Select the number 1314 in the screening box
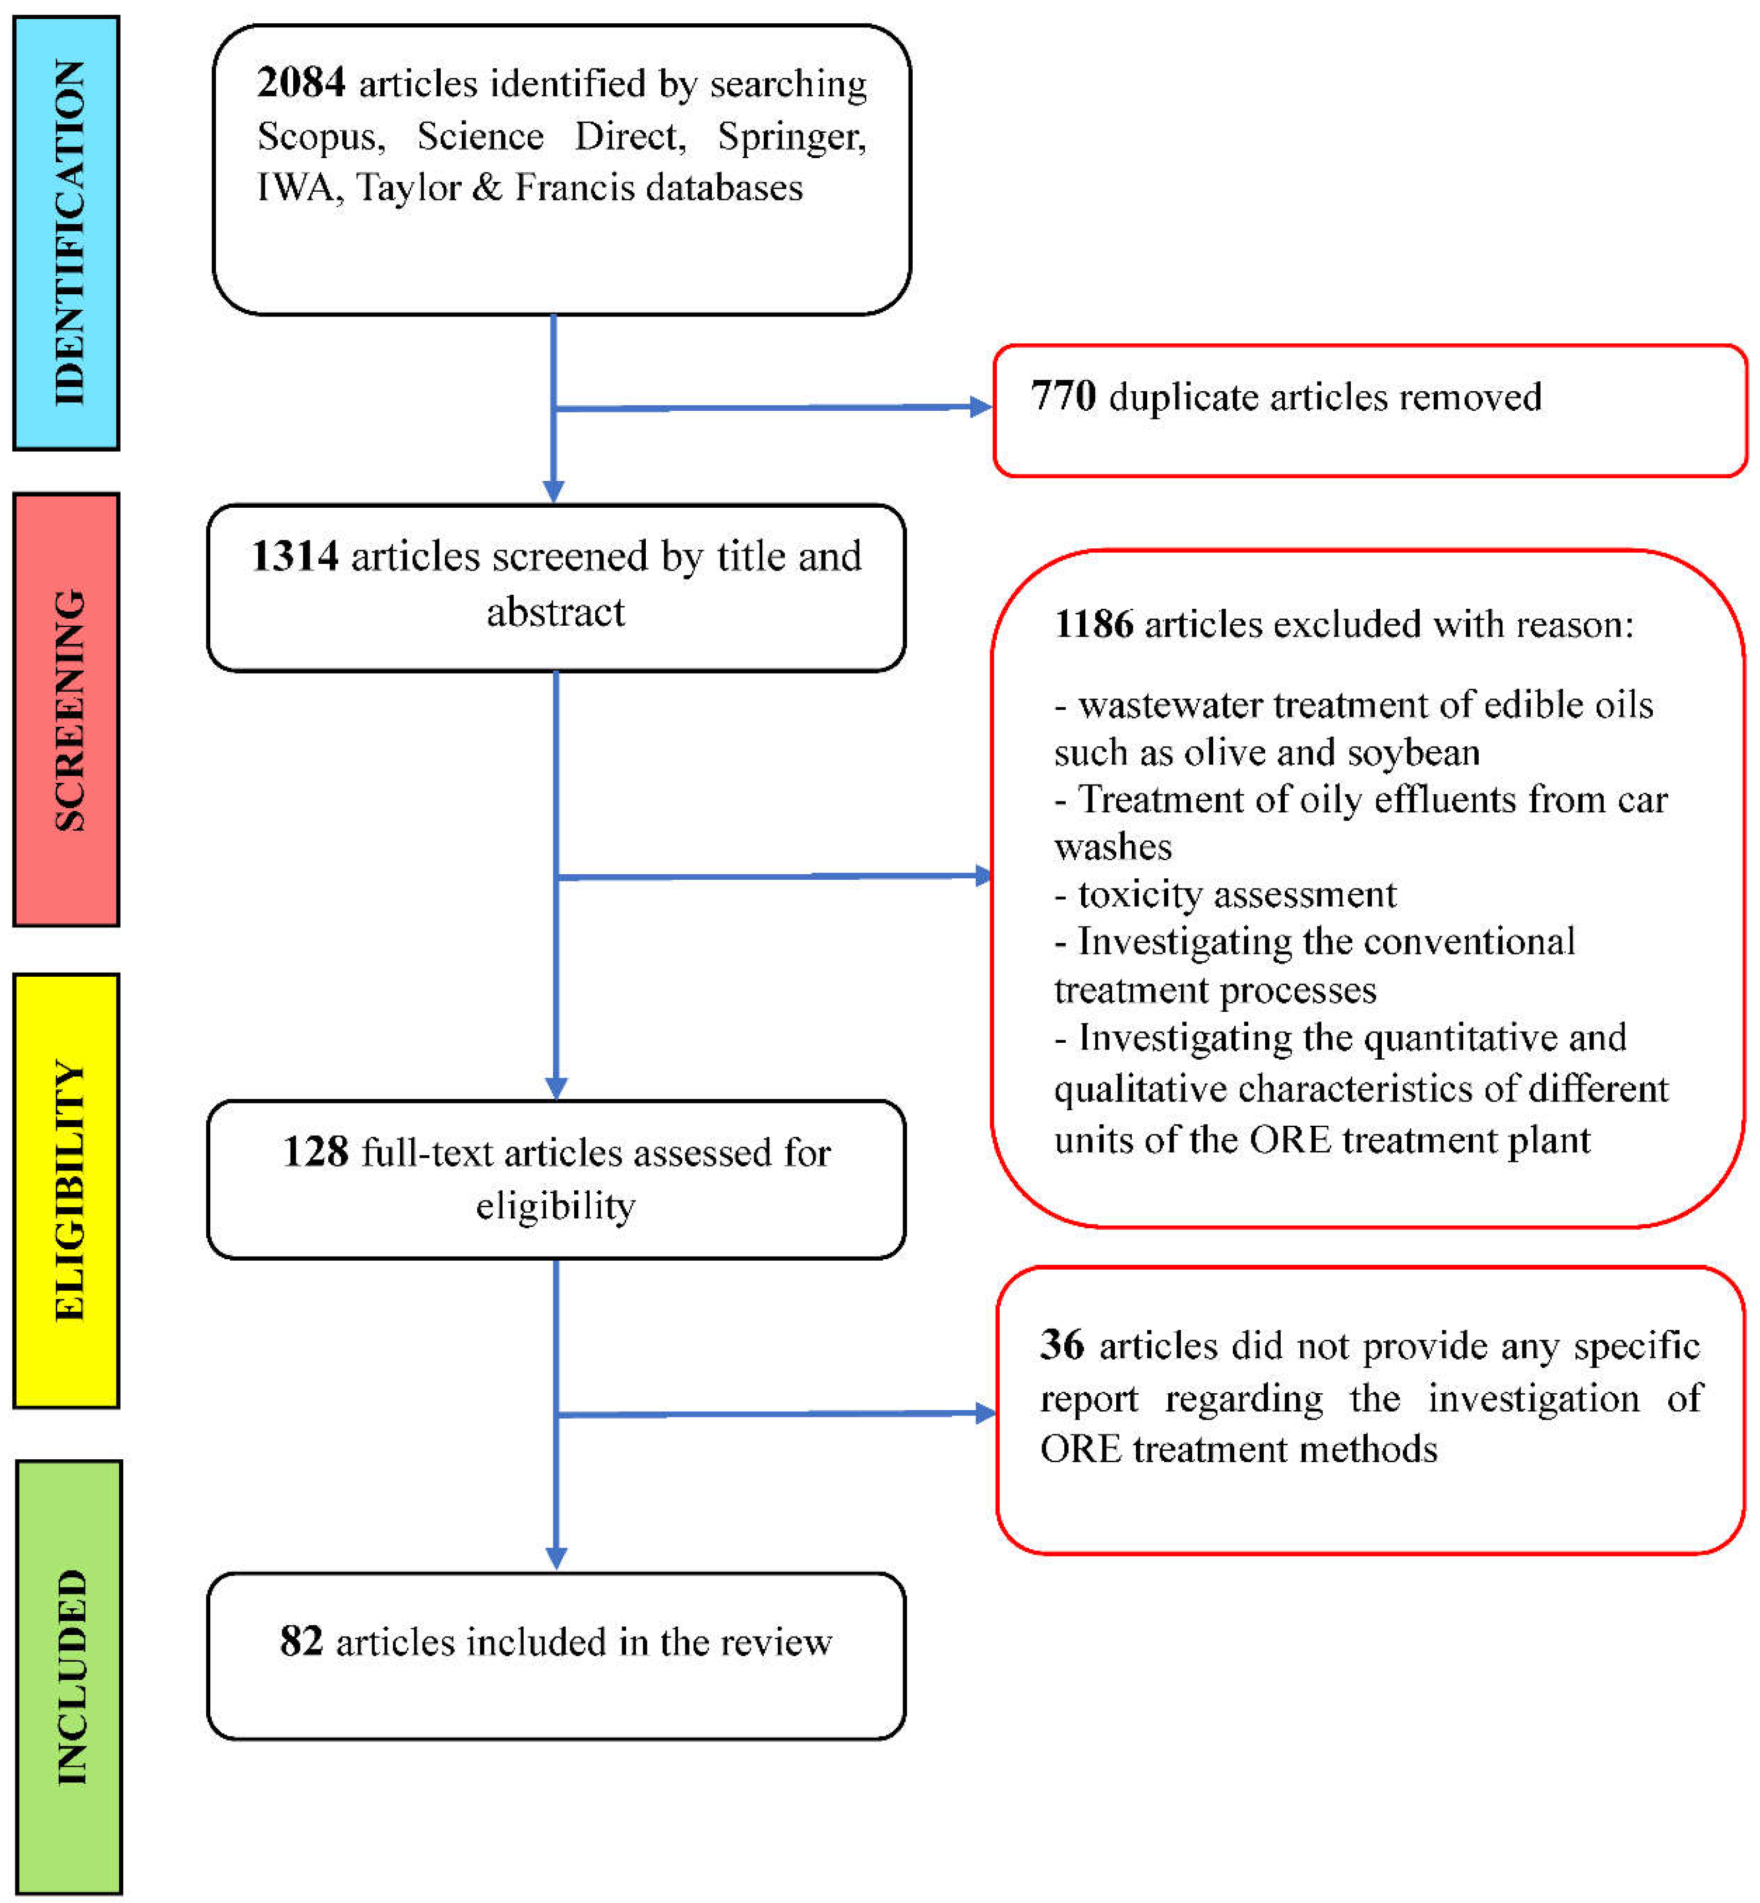coord(294,556)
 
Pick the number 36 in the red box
coord(1062,1345)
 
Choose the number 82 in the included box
coord(301,1641)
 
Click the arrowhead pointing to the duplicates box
coord(980,407)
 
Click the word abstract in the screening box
coord(555,612)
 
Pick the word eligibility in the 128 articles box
coord(555,1206)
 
